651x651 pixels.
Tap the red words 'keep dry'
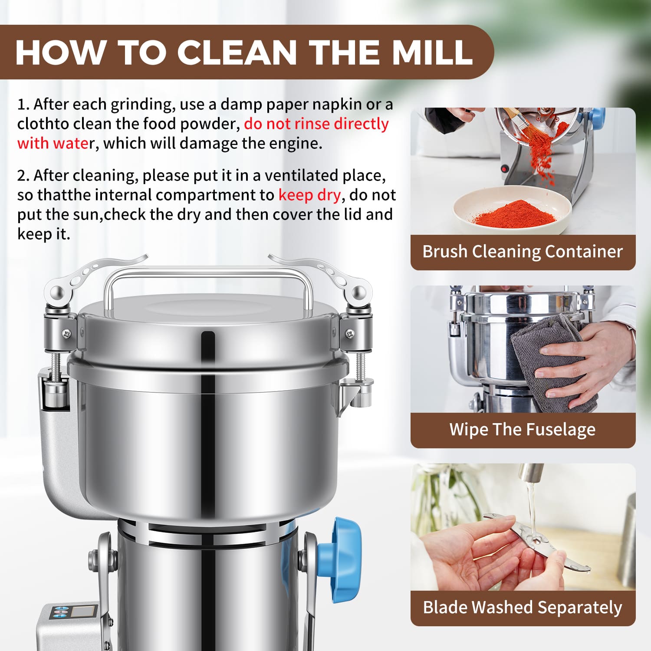point(309,195)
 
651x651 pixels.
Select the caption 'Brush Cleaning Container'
point(523,252)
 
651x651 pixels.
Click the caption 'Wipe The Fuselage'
point(523,430)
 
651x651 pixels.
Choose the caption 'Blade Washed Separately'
point(523,608)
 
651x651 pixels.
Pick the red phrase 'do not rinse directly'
point(316,124)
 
